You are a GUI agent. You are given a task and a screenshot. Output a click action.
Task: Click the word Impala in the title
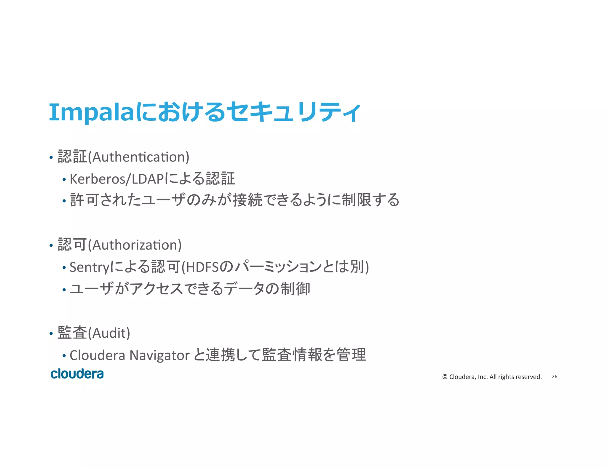[x=92, y=113]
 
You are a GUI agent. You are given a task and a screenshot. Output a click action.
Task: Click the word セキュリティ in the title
[x=294, y=112]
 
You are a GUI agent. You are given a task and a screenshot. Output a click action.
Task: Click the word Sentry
[x=90, y=267]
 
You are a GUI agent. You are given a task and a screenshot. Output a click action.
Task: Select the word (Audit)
[x=109, y=333]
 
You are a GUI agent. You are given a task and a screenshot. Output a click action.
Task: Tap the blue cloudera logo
[x=77, y=374]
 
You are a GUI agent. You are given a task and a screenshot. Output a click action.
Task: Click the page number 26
[x=554, y=377]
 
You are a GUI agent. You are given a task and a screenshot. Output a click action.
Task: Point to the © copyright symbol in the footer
[x=445, y=377]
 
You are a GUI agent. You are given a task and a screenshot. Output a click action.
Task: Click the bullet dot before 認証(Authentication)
[x=51, y=157]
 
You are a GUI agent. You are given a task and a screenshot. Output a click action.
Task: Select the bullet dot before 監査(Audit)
[x=51, y=334]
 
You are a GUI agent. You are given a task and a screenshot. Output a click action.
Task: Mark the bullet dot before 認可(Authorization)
[x=51, y=245]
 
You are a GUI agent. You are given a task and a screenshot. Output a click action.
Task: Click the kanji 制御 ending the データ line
[x=295, y=289]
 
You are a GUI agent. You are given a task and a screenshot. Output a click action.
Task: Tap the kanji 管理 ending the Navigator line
[x=351, y=355]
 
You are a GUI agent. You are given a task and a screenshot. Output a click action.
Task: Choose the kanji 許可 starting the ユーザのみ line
[x=84, y=200]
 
